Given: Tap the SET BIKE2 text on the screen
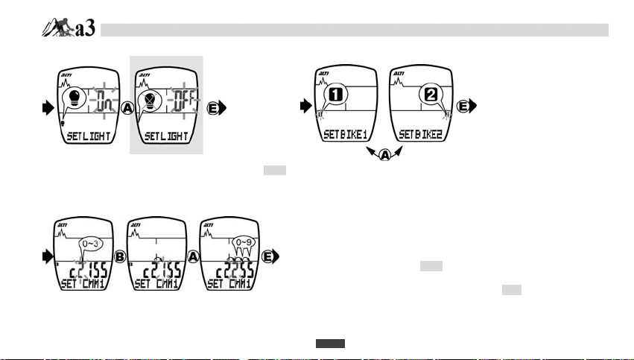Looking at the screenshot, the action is pyautogui.click(x=421, y=135).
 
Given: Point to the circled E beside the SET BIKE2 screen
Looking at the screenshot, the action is pyautogui.click(x=464, y=106).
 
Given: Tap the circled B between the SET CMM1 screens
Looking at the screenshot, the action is pyautogui.click(x=118, y=256).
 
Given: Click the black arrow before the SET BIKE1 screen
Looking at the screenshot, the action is pyautogui.click(x=304, y=107).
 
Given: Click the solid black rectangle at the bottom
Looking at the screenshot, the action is pyautogui.click(x=330, y=344).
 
